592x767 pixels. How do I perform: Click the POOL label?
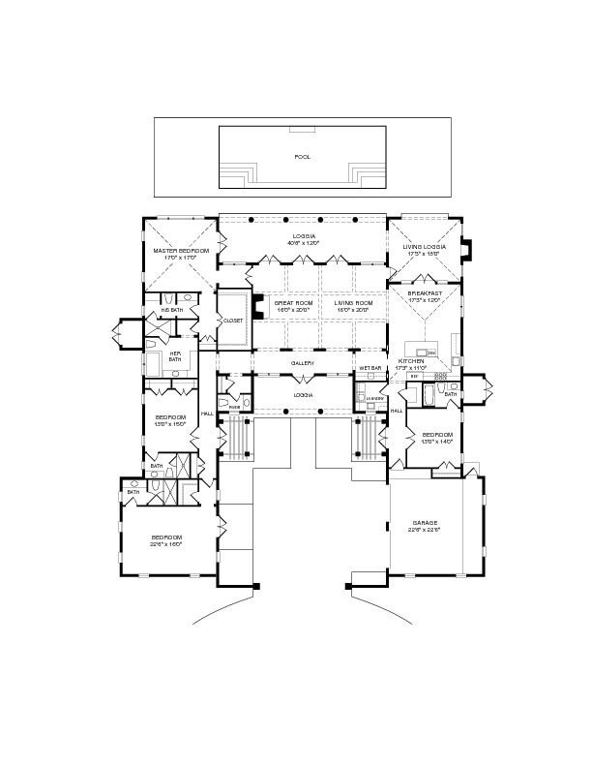(302, 156)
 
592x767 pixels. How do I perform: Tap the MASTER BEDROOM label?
(181, 251)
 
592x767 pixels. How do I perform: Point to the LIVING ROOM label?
(353, 303)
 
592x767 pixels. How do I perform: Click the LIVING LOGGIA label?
(425, 247)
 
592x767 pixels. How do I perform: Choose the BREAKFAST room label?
(425, 293)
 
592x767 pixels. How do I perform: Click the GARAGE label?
(425, 523)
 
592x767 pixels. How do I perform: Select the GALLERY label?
(303, 364)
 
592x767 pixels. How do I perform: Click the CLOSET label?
(232, 320)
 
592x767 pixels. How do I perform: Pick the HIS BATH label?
(172, 309)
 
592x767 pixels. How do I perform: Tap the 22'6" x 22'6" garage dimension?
(425, 531)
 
